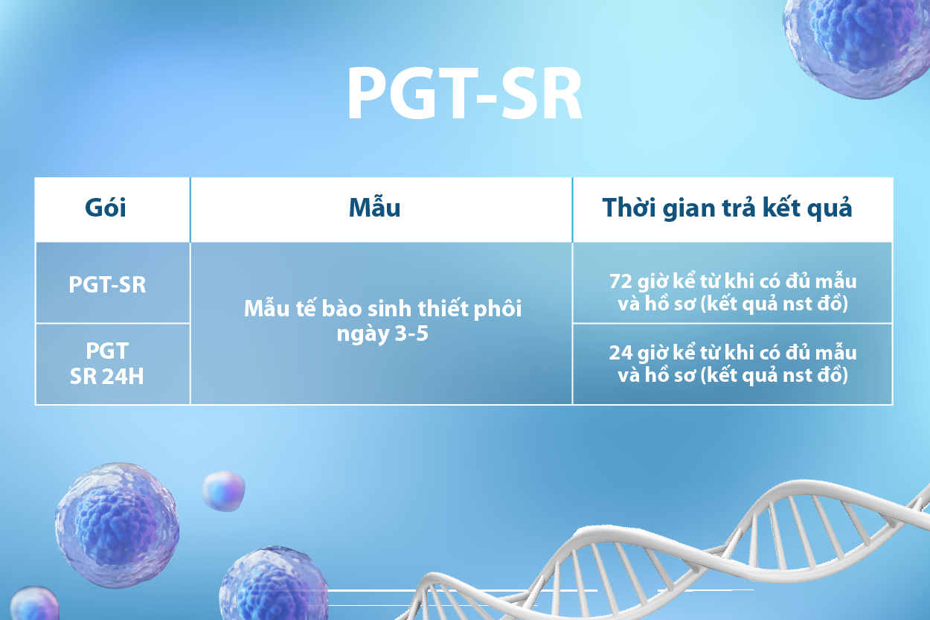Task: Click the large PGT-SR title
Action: pyautogui.click(x=464, y=94)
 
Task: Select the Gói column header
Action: pyautogui.click(x=106, y=208)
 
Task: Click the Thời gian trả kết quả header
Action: pyautogui.click(x=727, y=208)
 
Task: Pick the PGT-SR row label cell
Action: pyautogui.click(x=107, y=284)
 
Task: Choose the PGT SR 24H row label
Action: pyautogui.click(x=106, y=363)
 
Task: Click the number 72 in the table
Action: pyautogui.click(x=620, y=281)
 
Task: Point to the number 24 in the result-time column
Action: pyautogui.click(x=620, y=353)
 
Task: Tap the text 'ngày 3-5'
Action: pyautogui.click(x=382, y=333)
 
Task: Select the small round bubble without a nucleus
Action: pyautogui.click(x=223, y=490)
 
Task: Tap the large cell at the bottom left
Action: pyautogui.click(x=117, y=525)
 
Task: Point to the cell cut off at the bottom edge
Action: pyautogui.click(x=274, y=584)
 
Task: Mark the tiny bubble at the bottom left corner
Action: pyautogui.click(x=34, y=603)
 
